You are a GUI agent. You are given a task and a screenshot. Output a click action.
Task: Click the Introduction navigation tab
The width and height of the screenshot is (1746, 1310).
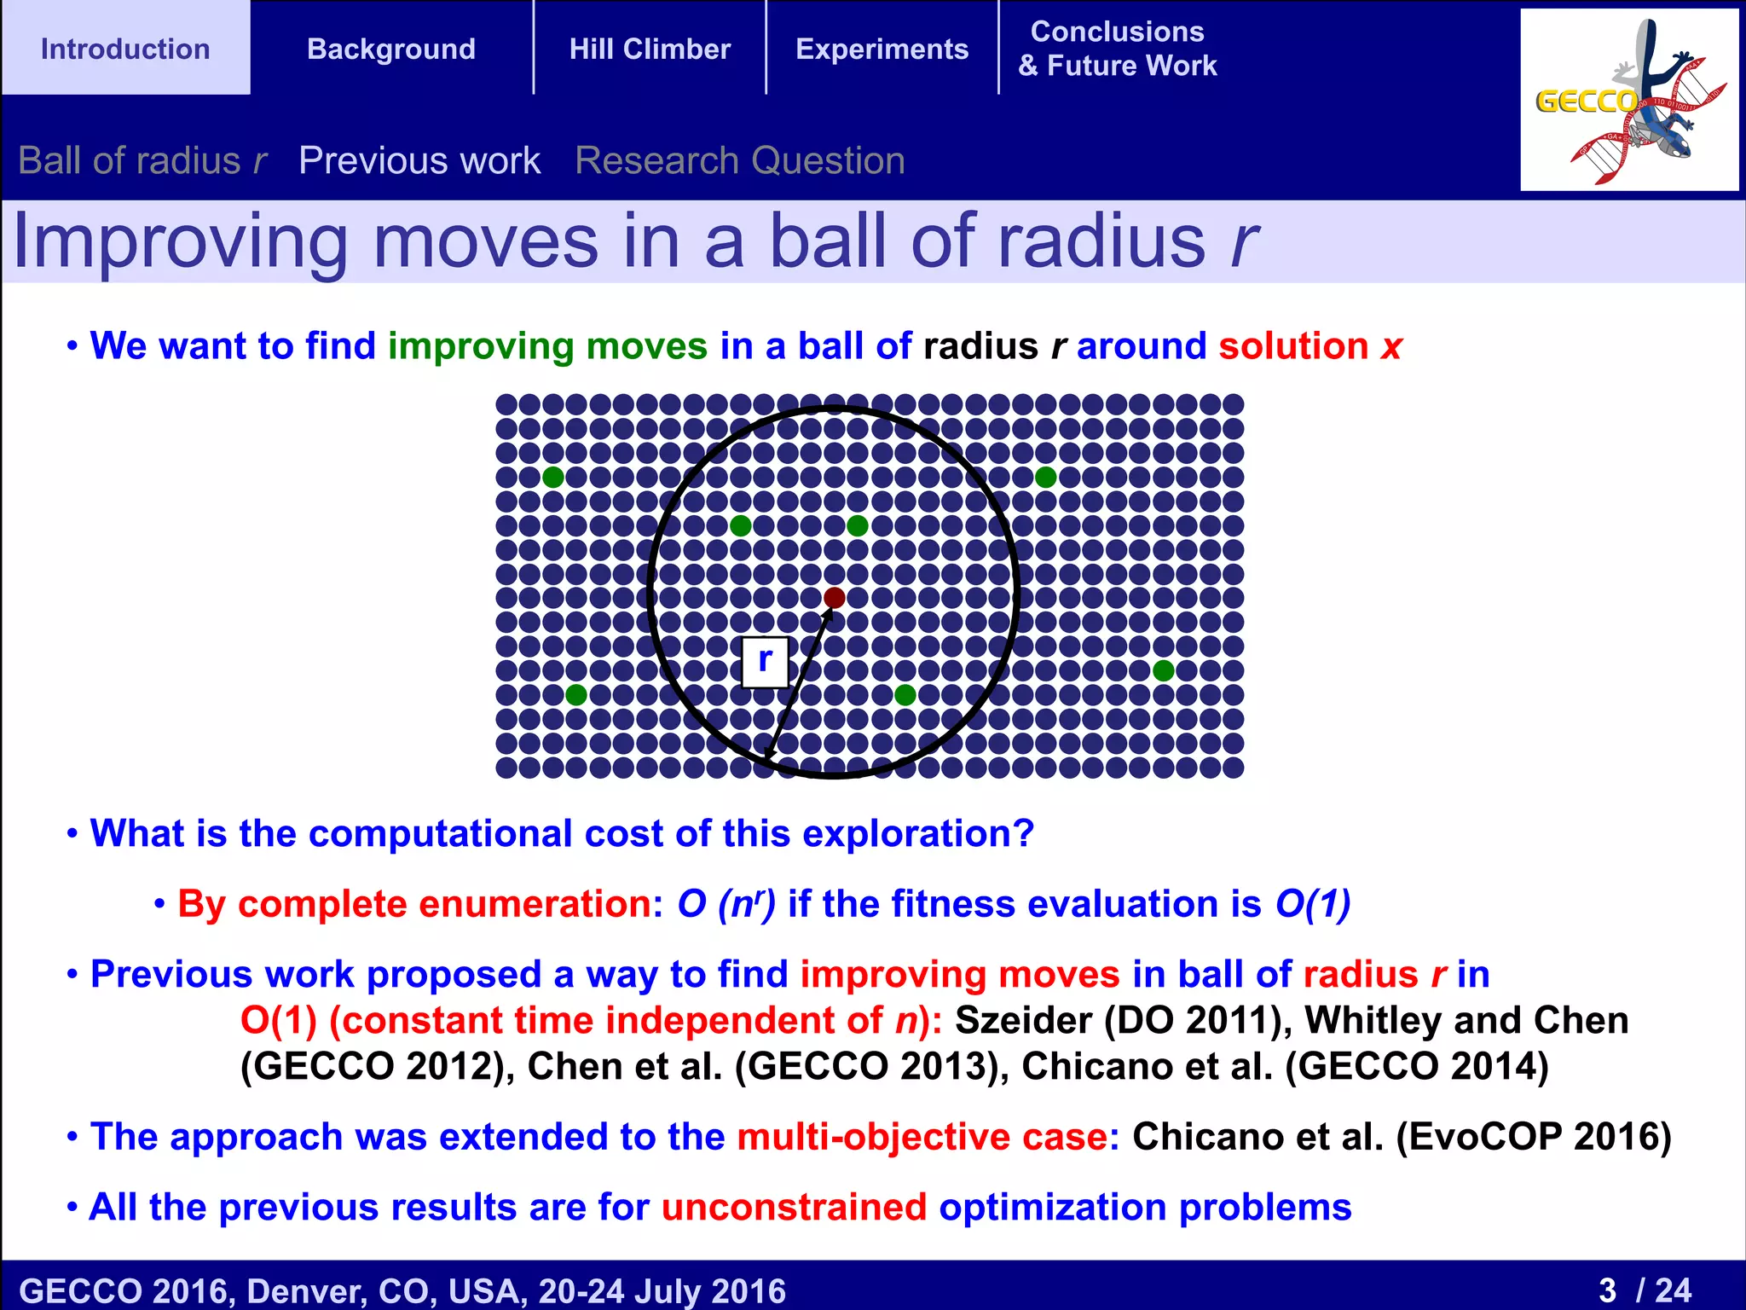click(x=125, y=49)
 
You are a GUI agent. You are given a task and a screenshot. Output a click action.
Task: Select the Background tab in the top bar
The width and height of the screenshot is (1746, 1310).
click(x=391, y=49)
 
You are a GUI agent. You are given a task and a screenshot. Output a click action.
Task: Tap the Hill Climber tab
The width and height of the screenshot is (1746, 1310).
click(x=650, y=49)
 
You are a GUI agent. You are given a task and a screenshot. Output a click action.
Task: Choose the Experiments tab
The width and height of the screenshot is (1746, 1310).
click(x=882, y=49)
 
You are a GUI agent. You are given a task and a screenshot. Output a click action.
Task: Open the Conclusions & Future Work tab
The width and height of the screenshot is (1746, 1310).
click(x=1117, y=49)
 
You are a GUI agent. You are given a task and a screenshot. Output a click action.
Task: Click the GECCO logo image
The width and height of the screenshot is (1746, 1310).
click(x=1628, y=100)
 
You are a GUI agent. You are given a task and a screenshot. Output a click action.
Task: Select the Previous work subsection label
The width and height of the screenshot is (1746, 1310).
click(x=419, y=160)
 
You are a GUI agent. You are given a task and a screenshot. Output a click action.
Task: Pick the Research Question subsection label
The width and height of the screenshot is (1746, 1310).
click(x=739, y=160)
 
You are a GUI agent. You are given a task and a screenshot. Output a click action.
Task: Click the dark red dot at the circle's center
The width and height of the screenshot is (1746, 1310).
click(x=835, y=598)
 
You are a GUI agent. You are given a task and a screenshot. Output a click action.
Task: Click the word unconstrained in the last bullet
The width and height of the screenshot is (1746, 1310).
click(x=794, y=1208)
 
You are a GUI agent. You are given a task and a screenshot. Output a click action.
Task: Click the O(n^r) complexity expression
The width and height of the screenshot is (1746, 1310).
click(x=726, y=904)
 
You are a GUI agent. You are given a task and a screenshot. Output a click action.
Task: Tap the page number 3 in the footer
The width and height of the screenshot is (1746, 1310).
click(x=1608, y=1290)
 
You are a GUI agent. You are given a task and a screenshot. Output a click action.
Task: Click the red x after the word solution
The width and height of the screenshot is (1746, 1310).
click(x=1390, y=347)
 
